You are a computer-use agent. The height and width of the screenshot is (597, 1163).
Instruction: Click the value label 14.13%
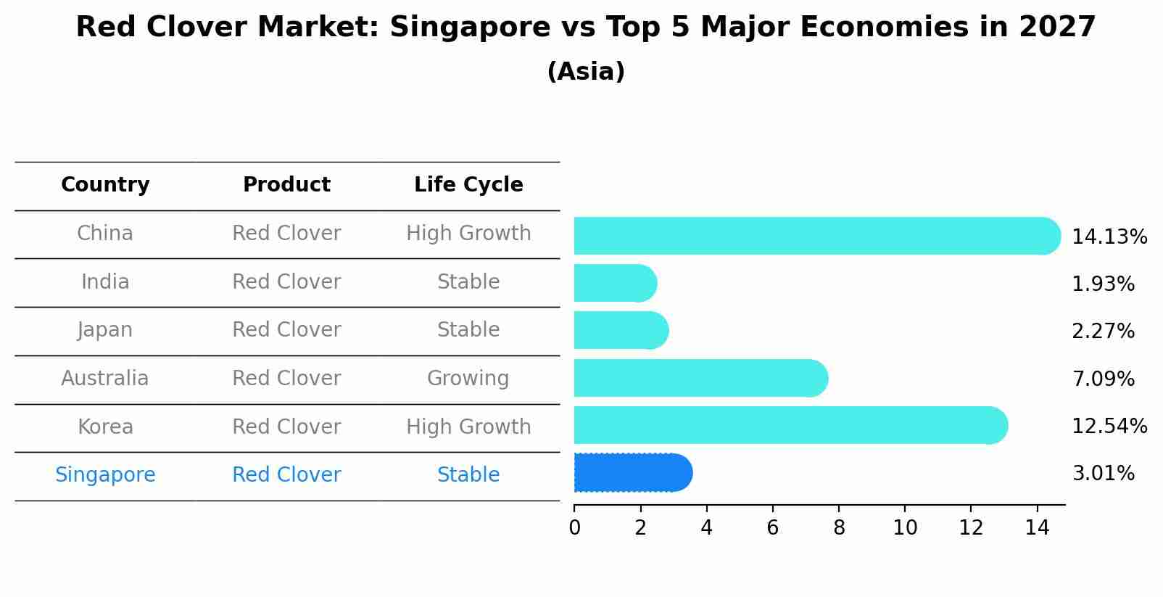pos(1109,237)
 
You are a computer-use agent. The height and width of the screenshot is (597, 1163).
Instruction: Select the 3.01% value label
pos(1103,474)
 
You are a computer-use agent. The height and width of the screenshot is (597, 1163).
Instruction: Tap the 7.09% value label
pos(1103,379)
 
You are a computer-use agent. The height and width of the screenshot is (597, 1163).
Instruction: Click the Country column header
pos(105,185)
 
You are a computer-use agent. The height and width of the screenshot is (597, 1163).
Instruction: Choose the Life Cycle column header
pos(468,185)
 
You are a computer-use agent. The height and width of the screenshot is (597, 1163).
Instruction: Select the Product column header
pos(286,185)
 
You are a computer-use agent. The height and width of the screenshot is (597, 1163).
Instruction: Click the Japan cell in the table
pos(105,330)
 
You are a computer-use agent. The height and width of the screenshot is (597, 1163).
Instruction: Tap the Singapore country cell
pos(105,475)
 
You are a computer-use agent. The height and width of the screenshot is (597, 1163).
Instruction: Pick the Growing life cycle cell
pos(468,379)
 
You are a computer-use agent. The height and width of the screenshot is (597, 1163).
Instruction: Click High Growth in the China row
pos(468,234)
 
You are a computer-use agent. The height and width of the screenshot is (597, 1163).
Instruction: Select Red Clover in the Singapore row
pos(286,475)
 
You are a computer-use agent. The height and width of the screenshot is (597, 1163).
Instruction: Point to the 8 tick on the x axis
pos(839,527)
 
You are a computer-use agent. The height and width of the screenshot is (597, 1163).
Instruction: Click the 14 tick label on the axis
pos(1037,527)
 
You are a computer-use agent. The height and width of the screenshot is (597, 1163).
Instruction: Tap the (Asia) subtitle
pos(586,72)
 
